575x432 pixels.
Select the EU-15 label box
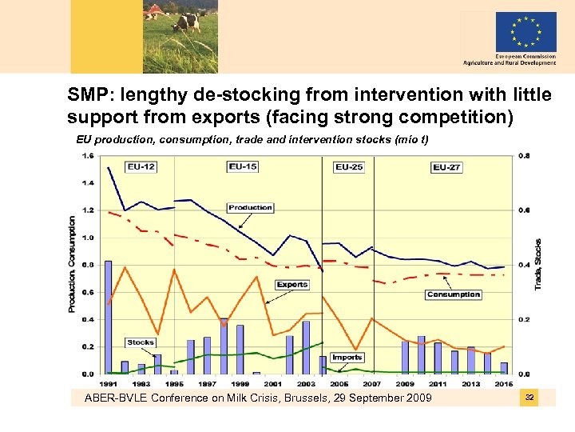pos(243,166)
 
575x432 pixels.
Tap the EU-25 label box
pos(348,167)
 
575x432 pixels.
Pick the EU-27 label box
pos(446,167)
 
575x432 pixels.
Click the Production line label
pos(250,208)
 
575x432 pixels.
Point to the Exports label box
pos(292,285)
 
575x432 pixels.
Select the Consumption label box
pos(453,294)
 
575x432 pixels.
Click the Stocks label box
pos(141,342)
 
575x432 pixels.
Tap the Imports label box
pos(347,357)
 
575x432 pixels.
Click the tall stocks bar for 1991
pos(108,317)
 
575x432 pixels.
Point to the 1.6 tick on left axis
pos(88,155)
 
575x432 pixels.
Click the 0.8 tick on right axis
pos(524,155)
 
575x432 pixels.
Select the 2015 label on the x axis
pos(505,383)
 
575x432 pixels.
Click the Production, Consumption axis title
pos(72,264)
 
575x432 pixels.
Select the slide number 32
pos(529,398)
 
